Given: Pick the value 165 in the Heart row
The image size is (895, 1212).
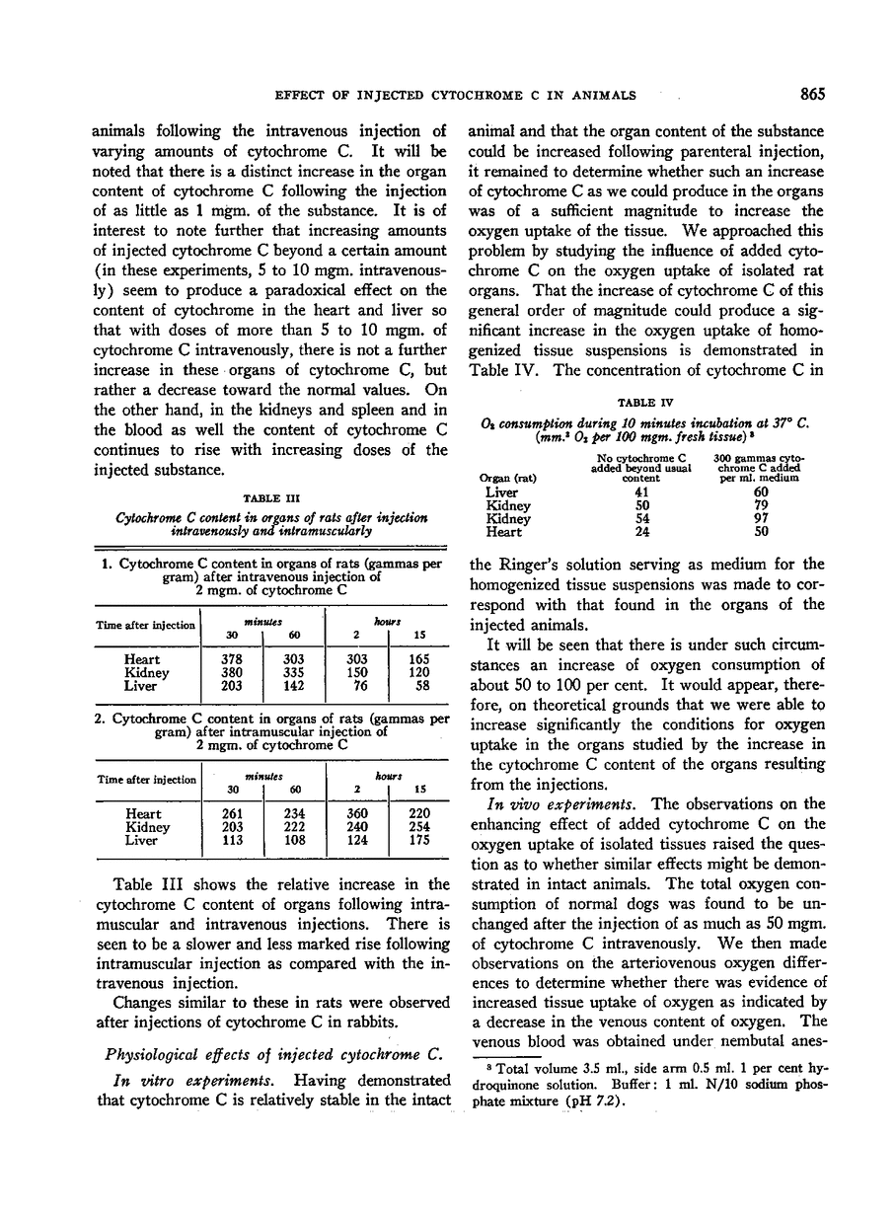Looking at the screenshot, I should [x=419, y=659].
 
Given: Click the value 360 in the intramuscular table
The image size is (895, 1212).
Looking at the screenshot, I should [x=356, y=814].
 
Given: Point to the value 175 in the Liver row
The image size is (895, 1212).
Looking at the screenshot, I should [x=419, y=842].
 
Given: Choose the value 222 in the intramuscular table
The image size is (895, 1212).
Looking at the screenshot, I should [x=294, y=828].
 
